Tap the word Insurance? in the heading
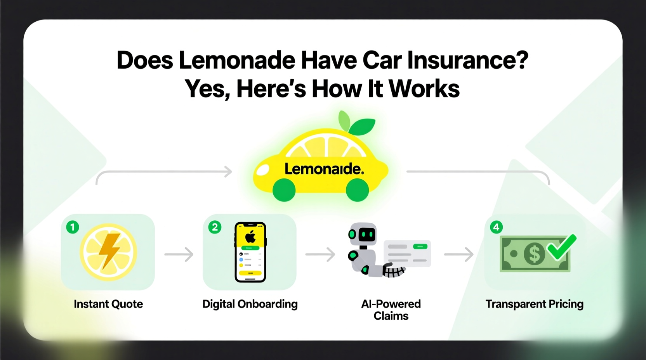coord(468,61)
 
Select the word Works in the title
coord(424,89)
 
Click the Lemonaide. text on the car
coord(324,169)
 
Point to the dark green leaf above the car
coord(363,126)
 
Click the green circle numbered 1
coord(73,227)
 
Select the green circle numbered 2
coord(215,227)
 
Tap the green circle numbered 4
coord(496,227)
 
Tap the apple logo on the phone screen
coord(250,236)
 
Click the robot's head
coord(363,234)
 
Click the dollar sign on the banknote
coord(534,254)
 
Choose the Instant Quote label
coord(108,304)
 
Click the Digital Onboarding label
coord(250,304)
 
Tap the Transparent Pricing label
coord(534,304)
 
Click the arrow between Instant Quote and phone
coord(179,254)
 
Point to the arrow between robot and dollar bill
coord(459,254)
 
